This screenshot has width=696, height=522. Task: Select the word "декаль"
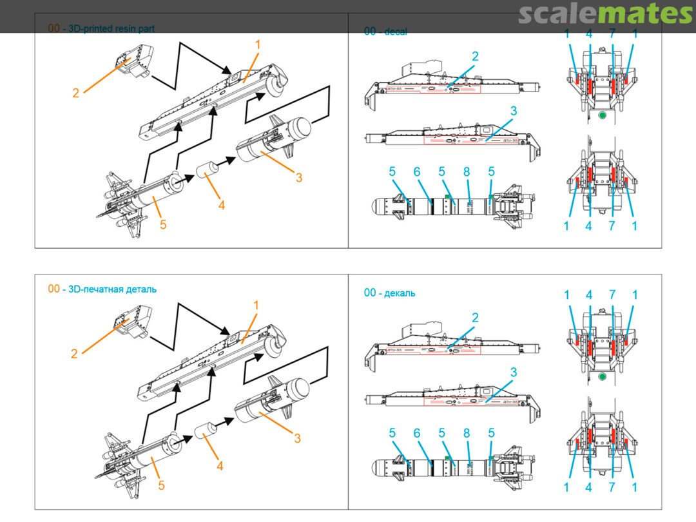(x=400, y=293)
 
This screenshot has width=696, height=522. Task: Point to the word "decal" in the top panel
(x=395, y=31)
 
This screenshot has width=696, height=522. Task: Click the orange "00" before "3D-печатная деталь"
(x=53, y=289)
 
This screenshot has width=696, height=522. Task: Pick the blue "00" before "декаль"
(x=370, y=293)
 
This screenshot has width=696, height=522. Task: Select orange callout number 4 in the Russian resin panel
(x=220, y=465)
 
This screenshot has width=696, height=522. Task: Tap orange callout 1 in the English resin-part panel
(x=257, y=45)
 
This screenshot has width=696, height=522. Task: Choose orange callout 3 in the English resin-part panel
(x=299, y=177)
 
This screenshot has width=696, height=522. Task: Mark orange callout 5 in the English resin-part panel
(x=163, y=225)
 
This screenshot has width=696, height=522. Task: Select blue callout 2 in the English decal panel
(x=475, y=57)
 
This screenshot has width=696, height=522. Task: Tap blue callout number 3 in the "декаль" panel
(x=514, y=372)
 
